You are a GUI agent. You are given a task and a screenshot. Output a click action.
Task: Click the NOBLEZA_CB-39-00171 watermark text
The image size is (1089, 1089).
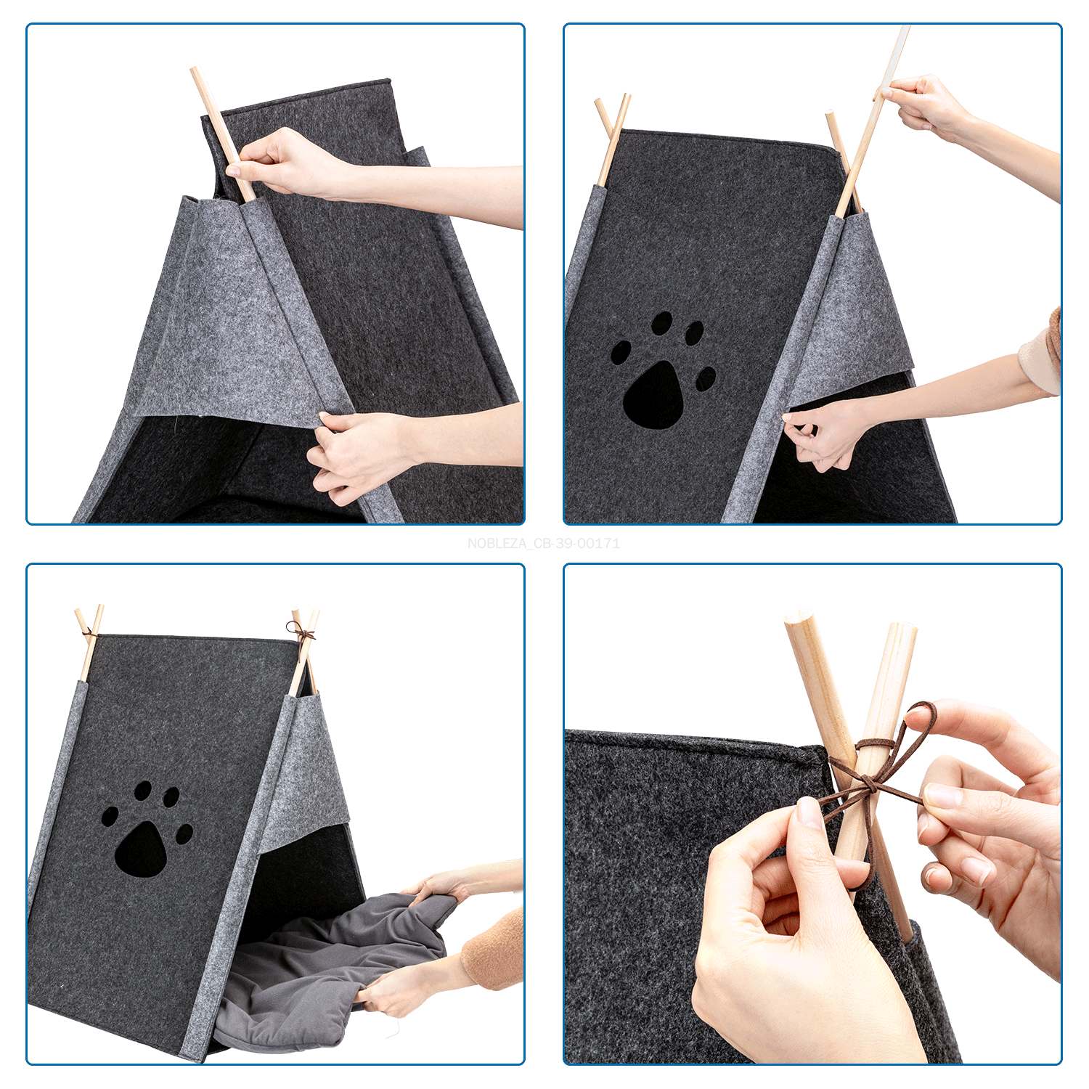pos(544,543)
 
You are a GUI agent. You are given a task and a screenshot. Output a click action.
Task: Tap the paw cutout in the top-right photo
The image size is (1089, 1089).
pos(662,370)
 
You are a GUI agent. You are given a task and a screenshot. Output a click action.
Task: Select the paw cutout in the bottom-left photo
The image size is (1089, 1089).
pos(147,829)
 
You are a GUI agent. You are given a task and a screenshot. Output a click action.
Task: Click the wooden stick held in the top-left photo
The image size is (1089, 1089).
pos(222,134)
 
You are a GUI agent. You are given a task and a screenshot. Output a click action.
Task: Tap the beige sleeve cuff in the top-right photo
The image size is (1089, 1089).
pos(1042,353)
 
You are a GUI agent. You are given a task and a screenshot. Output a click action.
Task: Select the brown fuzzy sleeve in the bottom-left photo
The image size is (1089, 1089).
pos(494,951)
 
